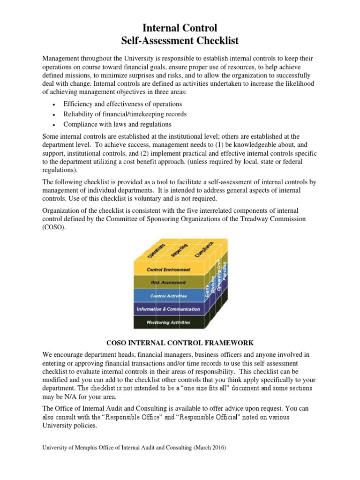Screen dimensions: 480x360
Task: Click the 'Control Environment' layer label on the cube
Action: (x=168, y=270)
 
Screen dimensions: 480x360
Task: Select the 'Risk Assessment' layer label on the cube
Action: (x=168, y=283)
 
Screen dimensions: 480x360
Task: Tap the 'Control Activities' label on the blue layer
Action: (x=168, y=296)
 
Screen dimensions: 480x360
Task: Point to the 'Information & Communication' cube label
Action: (x=168, y=309)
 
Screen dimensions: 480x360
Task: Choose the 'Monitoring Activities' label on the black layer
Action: (x=168, y=322)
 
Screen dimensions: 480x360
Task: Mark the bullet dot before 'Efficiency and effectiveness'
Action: (x=55, y=105)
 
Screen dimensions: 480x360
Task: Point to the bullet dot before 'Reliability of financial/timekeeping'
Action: (x=55, y=115)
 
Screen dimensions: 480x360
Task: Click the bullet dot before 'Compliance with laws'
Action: (x=55, y=125)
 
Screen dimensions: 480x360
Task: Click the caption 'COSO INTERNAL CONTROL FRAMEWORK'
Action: (x=180, y=343)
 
